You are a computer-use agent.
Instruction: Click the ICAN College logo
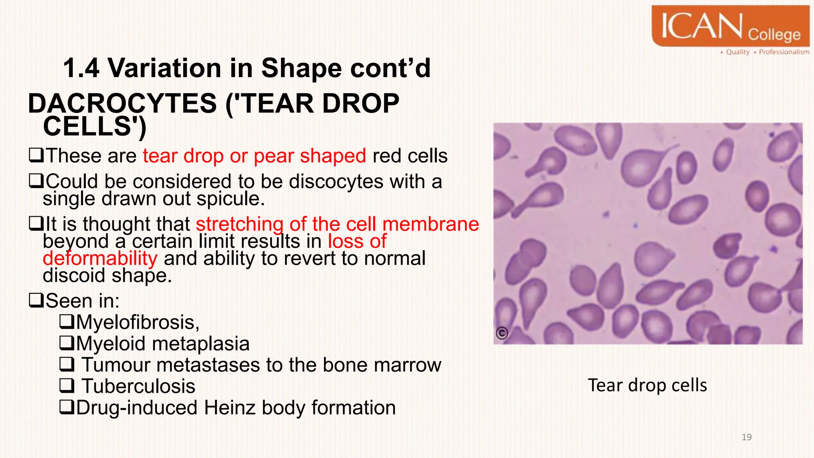coord(731,27)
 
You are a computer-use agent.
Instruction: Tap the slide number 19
coord(746,437)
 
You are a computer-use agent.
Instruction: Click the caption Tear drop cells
coord(647,385)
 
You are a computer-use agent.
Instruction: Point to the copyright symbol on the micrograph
coord(502,333)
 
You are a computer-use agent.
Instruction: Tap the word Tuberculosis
coord(138,386)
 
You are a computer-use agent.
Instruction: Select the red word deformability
coord(100,258)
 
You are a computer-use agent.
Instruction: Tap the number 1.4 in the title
coord(81,68)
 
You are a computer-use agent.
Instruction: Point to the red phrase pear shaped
coord(310,156)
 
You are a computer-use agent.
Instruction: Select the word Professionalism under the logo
coord(784,52)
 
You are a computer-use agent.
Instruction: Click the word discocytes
coord(336,182)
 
